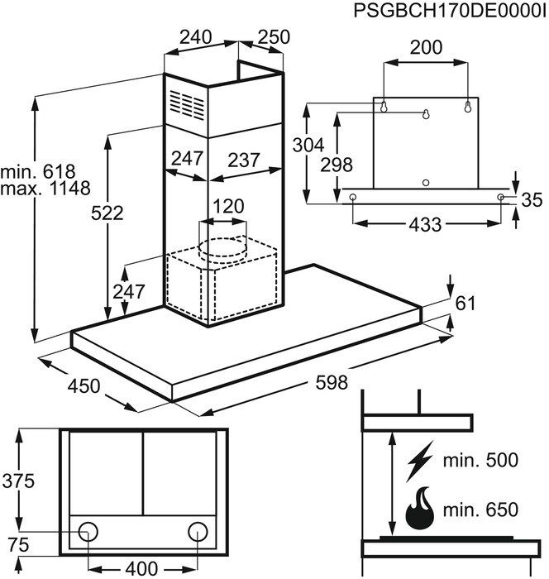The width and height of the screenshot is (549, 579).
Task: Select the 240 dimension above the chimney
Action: [x=197, y=38]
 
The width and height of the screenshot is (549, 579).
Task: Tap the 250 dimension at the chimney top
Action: [x=274, y=38]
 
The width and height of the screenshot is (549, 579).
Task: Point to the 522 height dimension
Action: [x=107, y=213]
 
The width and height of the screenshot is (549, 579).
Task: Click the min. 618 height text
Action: [x=38, y=171]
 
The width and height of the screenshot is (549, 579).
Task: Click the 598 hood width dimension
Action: [x=330, y=383]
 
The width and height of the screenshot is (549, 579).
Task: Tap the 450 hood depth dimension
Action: [x=83, y=385]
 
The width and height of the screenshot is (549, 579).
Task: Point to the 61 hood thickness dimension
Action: [x=465, y=304]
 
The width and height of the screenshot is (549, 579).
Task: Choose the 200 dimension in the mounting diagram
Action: [x=426, y=48]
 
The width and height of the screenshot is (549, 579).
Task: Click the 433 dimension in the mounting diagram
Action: [x=425, y=223]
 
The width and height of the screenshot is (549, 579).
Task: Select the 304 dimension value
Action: [x=308, y=146]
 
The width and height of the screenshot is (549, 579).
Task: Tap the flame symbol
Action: [x=421, y=509]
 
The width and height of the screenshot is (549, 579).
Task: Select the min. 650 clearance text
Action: [x=482, y=510]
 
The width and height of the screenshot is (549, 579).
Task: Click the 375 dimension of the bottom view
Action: [x=18, y=481]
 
